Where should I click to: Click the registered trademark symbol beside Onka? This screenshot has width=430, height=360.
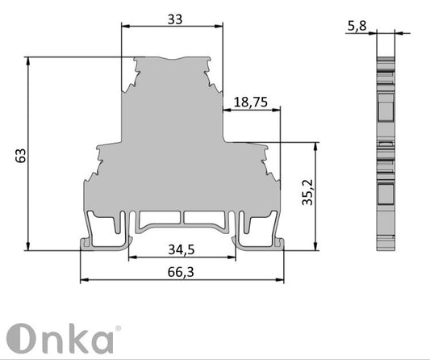[119, 329]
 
